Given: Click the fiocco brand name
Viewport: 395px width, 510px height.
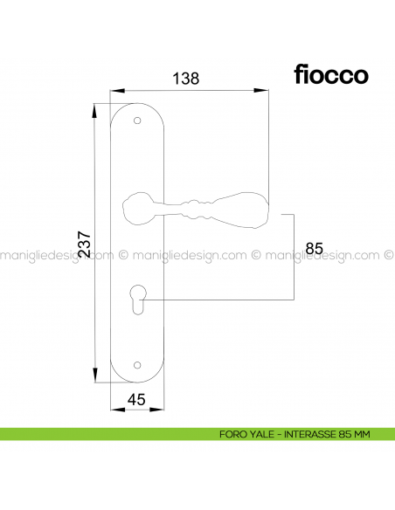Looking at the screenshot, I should pyautogui.click(x=330, y=74).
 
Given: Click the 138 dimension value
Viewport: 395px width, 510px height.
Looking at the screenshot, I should pyautogui.click(x=186, y=78).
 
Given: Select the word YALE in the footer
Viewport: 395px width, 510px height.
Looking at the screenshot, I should pyautogui.click(x=260, y=434).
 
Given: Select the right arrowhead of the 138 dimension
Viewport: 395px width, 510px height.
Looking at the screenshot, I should pyautogui.click(x=263, y=90).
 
